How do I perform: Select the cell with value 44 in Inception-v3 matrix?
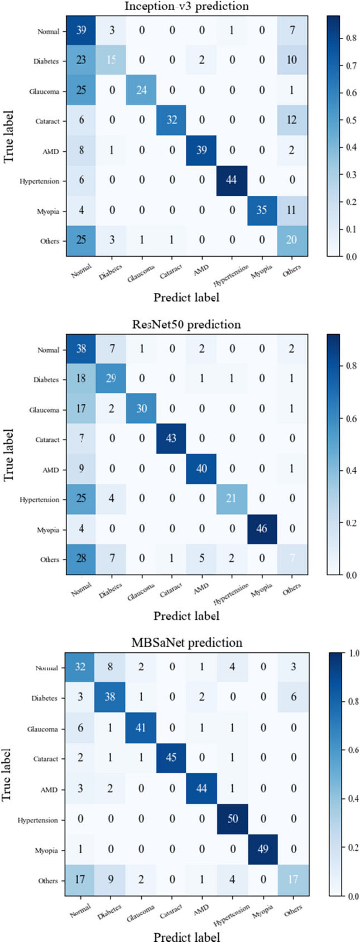point(231,181)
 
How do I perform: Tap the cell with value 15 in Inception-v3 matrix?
point(111,61)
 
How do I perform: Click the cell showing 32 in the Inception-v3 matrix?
point(171,121)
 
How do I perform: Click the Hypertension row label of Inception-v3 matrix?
point(40,181)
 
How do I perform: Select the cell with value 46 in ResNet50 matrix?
point(261,529)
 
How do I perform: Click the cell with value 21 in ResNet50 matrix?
point(231,499)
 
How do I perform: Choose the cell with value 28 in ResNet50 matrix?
point(81,559)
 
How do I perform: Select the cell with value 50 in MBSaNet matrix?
point(231,820)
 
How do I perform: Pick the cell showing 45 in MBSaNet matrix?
point(171,759)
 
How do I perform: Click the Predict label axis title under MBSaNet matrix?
point(186,936)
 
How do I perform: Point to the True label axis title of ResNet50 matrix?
point(8,455)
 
